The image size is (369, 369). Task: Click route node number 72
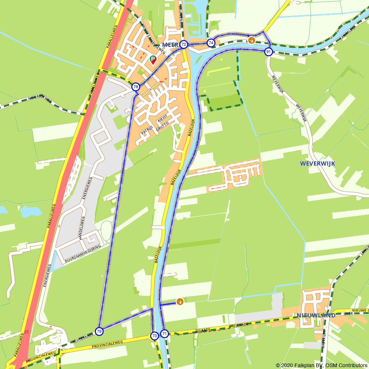click(184, 45)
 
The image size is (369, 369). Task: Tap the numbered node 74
click(211, 43)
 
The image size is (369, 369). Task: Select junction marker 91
click(269, 52)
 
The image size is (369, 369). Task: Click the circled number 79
click(99, 331)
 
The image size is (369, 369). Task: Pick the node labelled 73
click(154, 336)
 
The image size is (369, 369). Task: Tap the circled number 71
click(165, 334)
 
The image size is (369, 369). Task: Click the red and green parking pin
click(153, 59)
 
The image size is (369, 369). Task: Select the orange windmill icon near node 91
click(252, 40)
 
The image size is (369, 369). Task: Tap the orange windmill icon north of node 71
click(180, 301)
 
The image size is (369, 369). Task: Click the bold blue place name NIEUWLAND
click(316, 315)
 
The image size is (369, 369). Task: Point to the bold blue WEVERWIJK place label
click(318, 163)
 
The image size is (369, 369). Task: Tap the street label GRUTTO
click(162, 127)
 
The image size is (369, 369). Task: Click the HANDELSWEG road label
click(82, 228)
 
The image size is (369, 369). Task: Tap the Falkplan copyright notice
click(321, 365)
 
